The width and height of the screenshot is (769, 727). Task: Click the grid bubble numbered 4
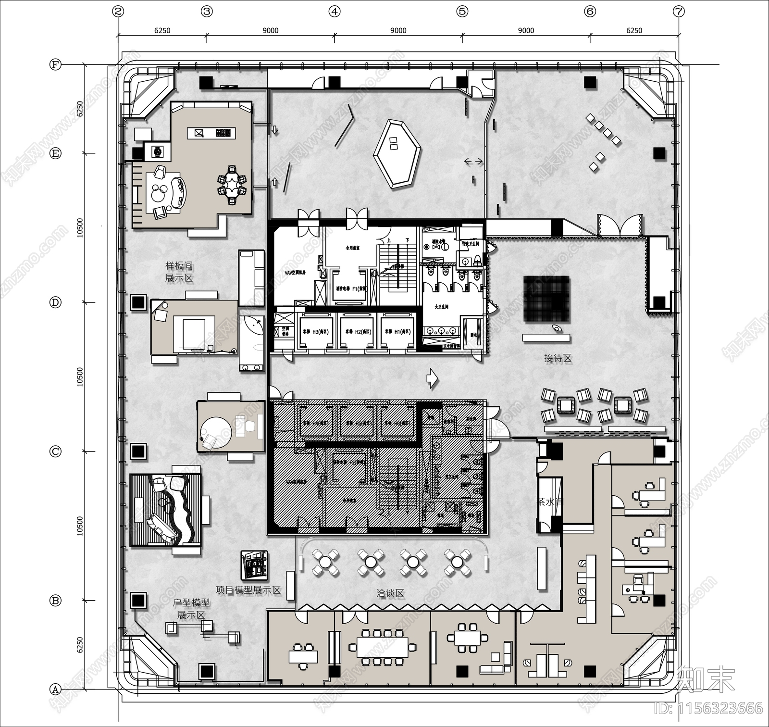click(x=335, y=12)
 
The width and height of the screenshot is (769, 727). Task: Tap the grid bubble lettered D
click(x=56, y=302)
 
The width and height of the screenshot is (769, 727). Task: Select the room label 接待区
click(x=558, y=358)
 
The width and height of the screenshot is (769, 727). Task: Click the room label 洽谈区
click(x=390, y=593)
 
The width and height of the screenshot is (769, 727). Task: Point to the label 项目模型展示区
click(x=248, y=590)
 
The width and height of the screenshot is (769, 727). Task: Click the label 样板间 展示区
click(x=179, y=272)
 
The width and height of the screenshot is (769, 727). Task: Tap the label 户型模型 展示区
click(x=191, y=609)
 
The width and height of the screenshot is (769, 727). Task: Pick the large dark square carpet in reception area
click(x=546, y=299)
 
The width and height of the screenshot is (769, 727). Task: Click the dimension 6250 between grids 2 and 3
click(x=162, y=30)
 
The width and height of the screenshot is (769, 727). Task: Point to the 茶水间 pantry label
click(x=548, y=502)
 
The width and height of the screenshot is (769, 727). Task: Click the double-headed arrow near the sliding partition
click(x=474, y=162)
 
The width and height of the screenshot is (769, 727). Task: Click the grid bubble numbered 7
click(x=679, y=12)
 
